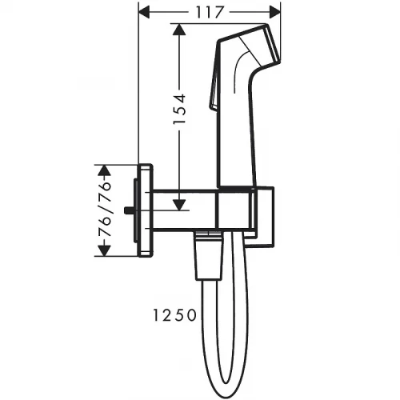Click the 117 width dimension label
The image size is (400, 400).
[x=209, y=12]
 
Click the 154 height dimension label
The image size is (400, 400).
[x=179, y=109]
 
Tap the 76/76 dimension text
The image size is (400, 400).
[x=104, y=210]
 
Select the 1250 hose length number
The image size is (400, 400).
[x=174, y=315]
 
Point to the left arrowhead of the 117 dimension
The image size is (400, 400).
[x=146, y=12]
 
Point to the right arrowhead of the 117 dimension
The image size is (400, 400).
[x=274, y=12]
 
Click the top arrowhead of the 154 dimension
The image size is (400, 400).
[x=179, y=29]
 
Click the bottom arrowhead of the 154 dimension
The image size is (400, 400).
[x=179, y=205]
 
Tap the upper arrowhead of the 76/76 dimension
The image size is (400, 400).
[x=104, y=170]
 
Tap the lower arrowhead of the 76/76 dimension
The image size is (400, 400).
[x=104, y=251]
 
